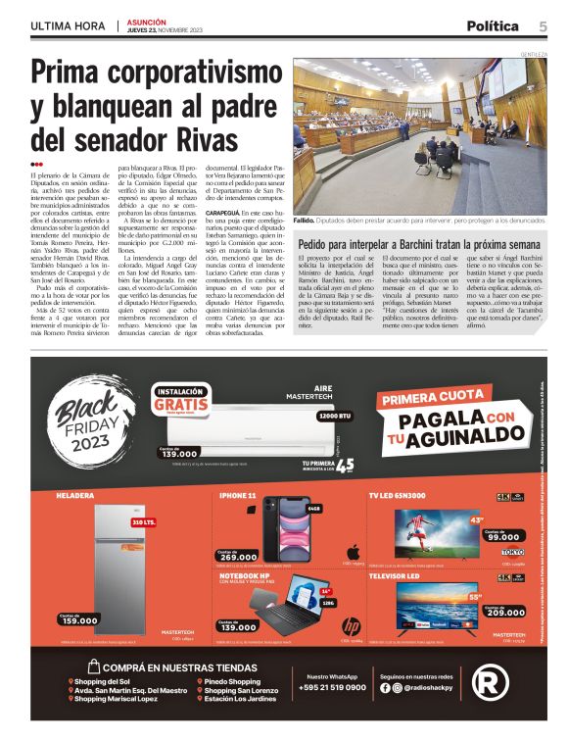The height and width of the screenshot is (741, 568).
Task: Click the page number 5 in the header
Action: tap(543, 25)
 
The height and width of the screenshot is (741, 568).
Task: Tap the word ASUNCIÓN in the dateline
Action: tap(147, 21)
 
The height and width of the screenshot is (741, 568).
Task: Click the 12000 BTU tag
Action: tap(337, 417)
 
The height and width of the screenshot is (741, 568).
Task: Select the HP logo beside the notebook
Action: tap(350, 626)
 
